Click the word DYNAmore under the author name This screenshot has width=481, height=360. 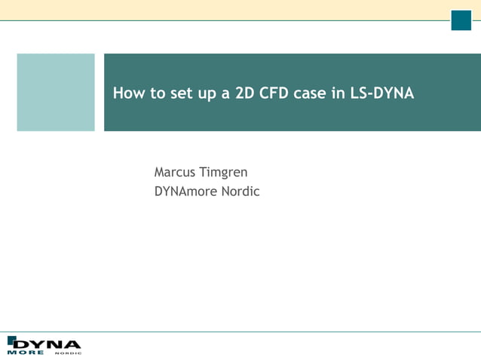185,191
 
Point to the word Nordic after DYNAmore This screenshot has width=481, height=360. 240,191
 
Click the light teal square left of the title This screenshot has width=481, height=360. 56,92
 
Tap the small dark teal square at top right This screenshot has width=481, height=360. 461,20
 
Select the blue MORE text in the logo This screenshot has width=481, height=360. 26,352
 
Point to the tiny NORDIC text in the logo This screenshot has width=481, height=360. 68,352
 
